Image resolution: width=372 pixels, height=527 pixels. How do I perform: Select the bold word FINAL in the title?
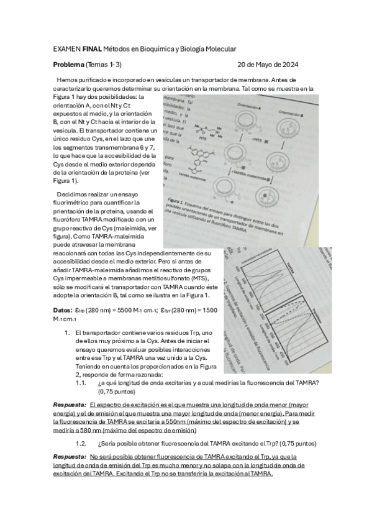tap(93, 48)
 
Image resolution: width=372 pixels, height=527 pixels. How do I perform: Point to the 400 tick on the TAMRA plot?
tap(238, 268)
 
